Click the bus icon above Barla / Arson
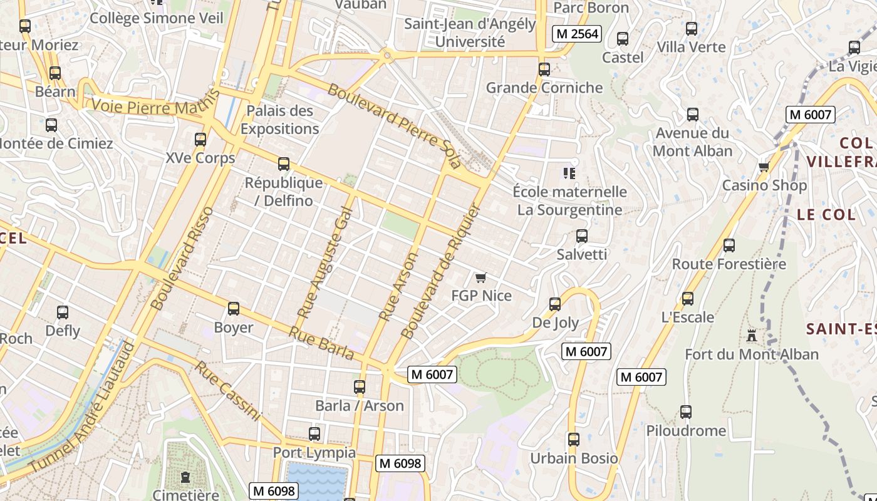(360, 387)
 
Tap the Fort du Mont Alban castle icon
(752, 336)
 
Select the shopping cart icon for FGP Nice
(480, 277)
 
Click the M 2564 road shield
(576, 34)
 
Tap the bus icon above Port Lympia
(314, 433)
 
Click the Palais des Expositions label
(280, 120)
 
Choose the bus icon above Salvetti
(582, 236)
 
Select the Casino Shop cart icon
(764, 167)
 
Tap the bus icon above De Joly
(555, 304)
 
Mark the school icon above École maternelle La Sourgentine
(569, 173)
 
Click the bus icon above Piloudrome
(686, 412)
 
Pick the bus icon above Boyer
(234, 309)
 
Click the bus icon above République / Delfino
(284, 164)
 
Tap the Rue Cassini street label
(227, 390)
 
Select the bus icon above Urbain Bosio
(574, 440)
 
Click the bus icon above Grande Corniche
(544, 70)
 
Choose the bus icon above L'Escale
(688, 299)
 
